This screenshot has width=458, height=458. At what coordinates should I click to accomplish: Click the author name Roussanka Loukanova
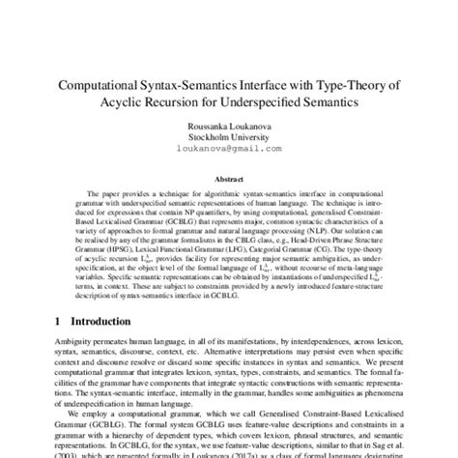(x=229, y=126)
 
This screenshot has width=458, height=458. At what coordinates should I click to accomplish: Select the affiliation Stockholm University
(x=229, y=138)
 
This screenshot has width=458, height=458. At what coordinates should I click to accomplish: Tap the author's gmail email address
(x=229, y=150)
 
